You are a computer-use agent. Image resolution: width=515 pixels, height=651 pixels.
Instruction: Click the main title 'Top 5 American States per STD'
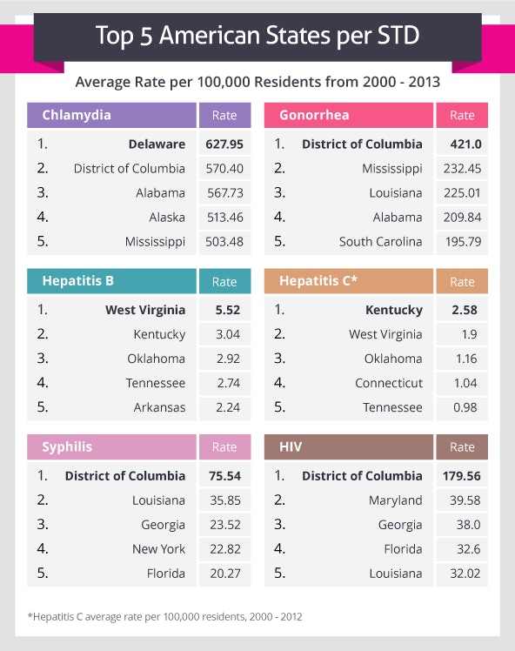pos(257,37)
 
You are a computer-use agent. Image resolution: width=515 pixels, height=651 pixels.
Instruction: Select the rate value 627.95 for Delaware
pos(224,144)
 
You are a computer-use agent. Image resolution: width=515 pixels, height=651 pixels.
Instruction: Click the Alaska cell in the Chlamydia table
pos(164,218)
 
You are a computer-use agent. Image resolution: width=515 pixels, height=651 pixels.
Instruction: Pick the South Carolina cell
pos(381,242)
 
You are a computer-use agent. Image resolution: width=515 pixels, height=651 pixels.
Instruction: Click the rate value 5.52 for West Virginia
pos(224,310)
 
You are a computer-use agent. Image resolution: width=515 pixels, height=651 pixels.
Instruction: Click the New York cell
pos(158,549)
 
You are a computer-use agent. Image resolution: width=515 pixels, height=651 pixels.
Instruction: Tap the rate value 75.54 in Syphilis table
pos(224,476)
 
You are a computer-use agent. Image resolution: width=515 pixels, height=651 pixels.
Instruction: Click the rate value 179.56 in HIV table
pos(461,476)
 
